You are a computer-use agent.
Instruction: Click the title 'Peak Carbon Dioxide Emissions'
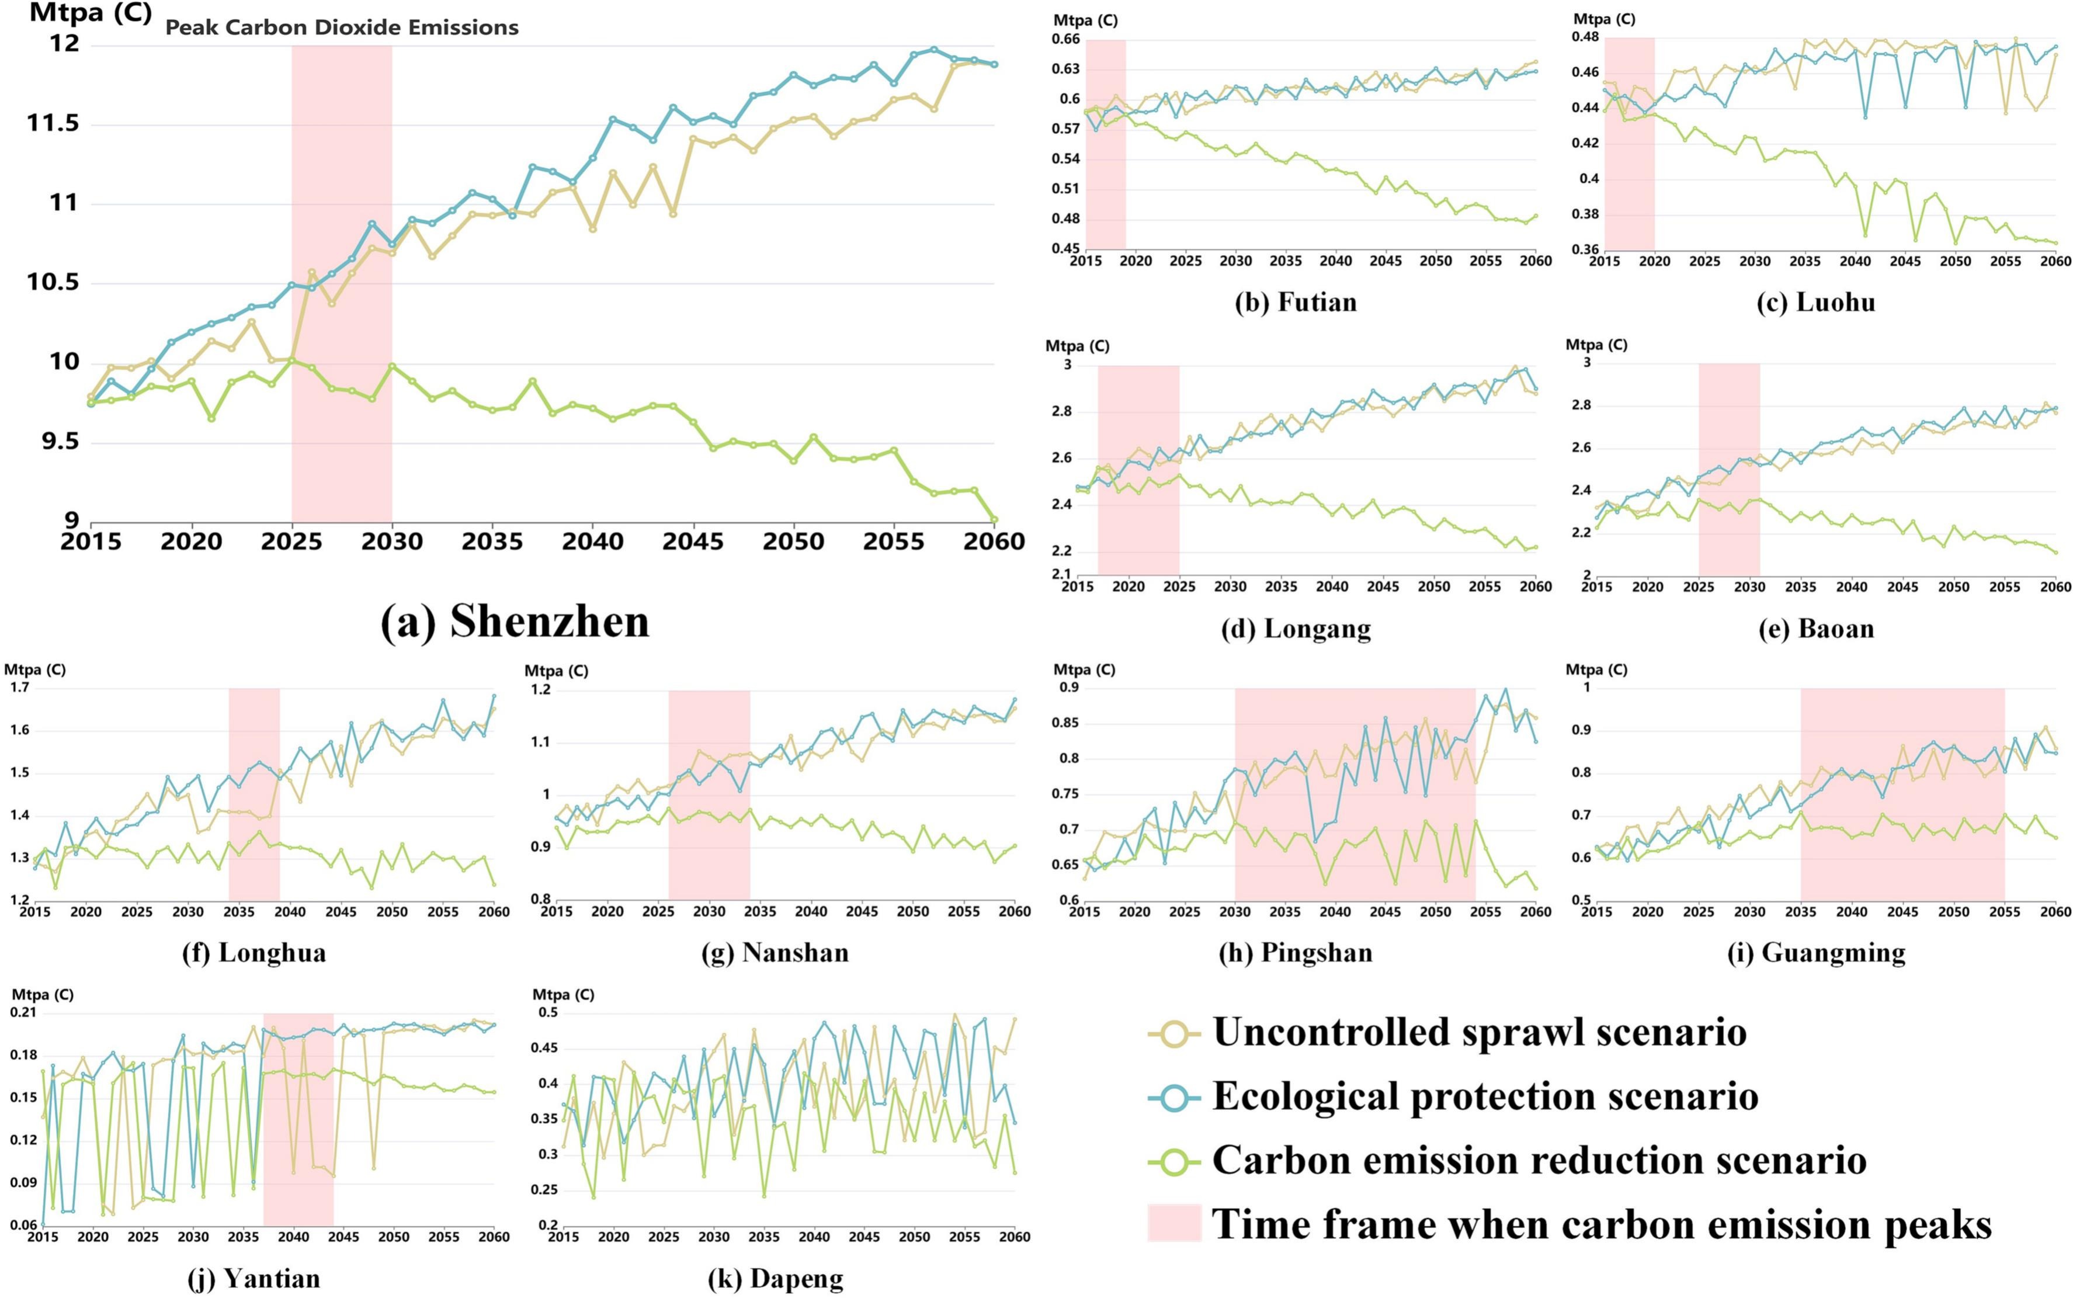tap(342, 27)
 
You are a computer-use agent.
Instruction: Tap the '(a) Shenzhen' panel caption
tap(515, 621)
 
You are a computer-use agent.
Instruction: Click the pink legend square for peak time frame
tap(1173, 1223)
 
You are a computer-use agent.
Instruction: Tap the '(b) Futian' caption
tap(1296, 302)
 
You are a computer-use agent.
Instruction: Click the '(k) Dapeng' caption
tap(775, 1279)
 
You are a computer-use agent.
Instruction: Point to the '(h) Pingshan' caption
tap(1296, 953)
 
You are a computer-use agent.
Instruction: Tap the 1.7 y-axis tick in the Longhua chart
tap(19, 688)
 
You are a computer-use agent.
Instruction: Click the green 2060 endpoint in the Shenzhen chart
tap(995, 519)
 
